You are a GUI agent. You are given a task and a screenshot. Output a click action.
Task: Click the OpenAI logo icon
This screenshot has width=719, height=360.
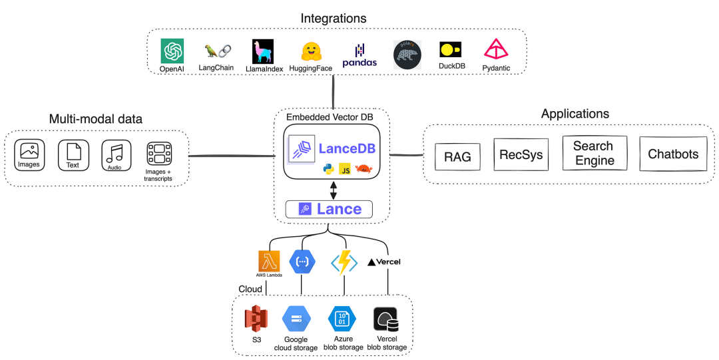click(x=172, y=51)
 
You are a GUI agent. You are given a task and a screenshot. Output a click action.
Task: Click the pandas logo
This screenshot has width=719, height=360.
click(x=359, y=55)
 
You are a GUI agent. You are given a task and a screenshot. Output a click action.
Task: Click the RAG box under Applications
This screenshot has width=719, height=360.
click(x=458, y=157)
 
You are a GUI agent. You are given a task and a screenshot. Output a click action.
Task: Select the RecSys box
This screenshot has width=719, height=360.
click(x=521, y=155)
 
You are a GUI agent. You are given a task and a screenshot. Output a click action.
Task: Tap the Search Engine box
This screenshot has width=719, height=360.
click(x=594, y=153)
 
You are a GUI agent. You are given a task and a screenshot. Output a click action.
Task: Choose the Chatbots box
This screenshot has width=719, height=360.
click(x=673, y=154)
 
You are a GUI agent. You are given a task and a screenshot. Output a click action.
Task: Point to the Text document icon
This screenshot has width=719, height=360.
click(x=73, y=154)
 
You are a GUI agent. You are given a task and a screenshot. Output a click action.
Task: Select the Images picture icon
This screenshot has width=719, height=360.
click(x=29, y=154)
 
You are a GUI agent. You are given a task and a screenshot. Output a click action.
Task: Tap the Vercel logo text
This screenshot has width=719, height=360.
click(x=384, y=262)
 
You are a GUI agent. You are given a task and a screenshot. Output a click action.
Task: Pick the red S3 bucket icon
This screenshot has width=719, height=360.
click(x=256, y=320)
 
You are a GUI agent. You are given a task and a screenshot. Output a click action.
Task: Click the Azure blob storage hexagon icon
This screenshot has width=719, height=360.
click(x=342, y=319)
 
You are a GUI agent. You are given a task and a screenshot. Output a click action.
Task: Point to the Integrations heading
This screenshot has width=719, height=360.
click(x=334, y=18)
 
